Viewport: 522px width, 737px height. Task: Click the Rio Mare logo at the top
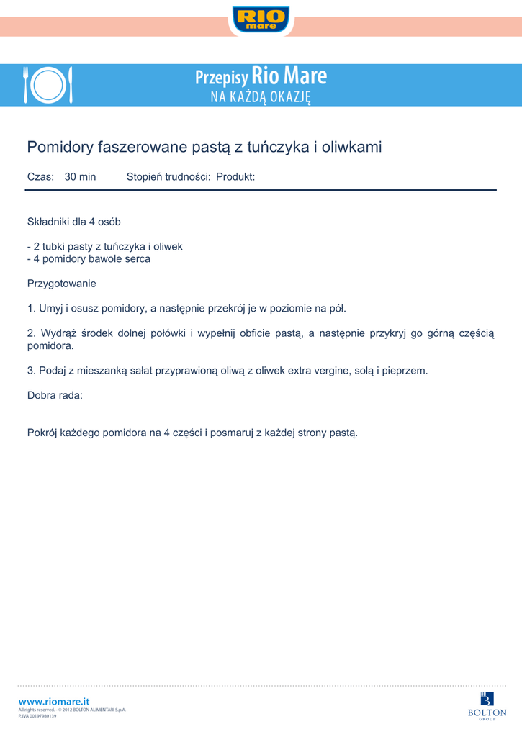coord(261,19)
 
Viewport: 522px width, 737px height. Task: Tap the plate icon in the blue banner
coord(48,86)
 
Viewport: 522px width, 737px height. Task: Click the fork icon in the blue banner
coord(26,85)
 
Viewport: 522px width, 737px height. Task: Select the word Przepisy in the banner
coord(221,78)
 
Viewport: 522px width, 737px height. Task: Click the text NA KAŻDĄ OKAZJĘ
coord(261,97)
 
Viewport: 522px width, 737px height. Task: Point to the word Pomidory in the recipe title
coord(60,148)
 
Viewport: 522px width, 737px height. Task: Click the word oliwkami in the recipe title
coord(352,148)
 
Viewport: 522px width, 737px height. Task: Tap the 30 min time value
coord(80,177)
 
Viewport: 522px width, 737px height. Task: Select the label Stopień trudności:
coord(168,177)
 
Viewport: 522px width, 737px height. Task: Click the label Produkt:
coord(235,177)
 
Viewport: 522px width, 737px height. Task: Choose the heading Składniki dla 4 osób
coord(73,222)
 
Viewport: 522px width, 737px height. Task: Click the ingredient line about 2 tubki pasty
coord(105,246)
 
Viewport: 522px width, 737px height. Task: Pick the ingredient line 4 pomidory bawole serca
coord(89,258)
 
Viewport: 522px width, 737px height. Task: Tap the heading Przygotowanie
coord(61,284)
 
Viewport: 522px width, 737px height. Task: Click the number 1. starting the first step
coord(31,309)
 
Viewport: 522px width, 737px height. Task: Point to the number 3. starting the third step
coord(31,371)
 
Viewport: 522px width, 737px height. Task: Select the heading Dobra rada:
coord(55,395)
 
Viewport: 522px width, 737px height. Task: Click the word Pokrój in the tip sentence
coord(42,433)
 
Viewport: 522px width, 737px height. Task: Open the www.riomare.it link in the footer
coord(54,701)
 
